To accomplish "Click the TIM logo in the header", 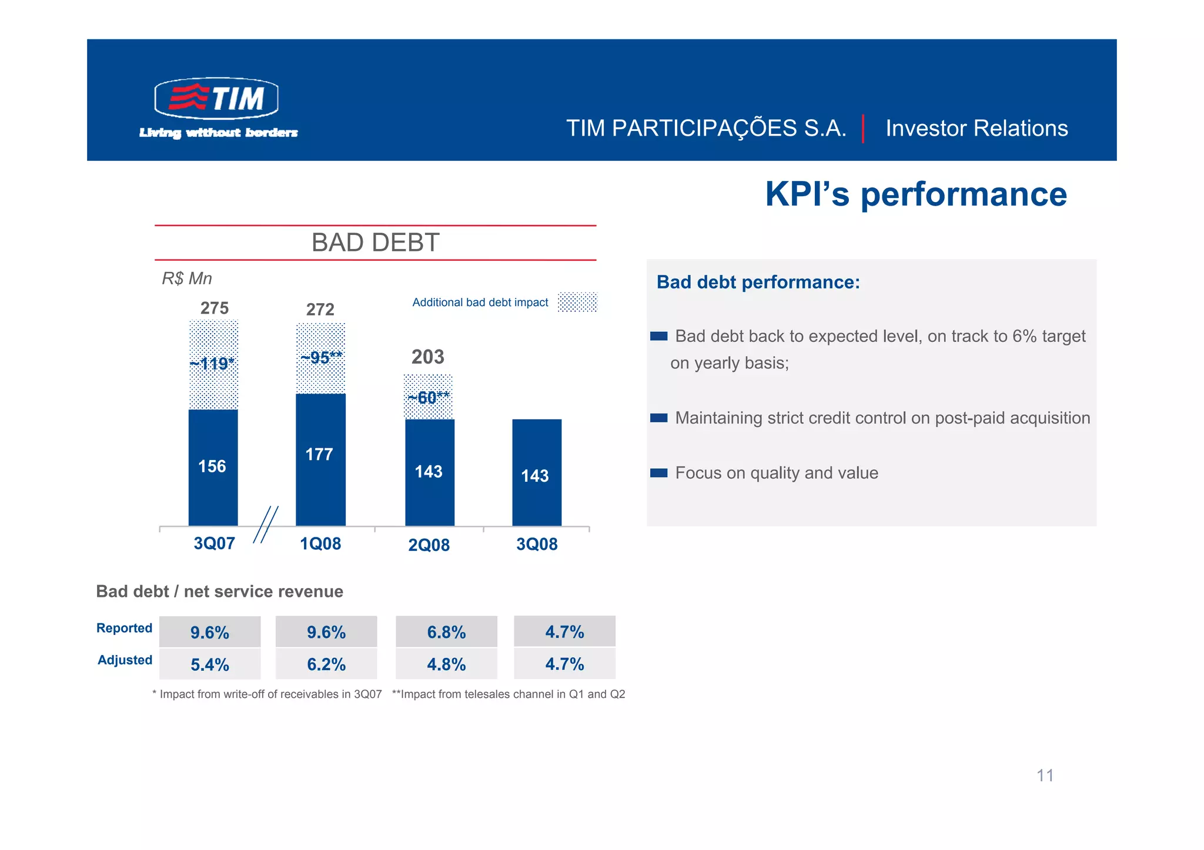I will [216, 98].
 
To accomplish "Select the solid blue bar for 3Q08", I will [537, 472].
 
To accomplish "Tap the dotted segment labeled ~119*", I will [213, 364].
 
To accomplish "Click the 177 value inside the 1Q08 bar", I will [319, 454].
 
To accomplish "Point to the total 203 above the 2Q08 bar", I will [427, 357].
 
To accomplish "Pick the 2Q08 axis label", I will [429, 545].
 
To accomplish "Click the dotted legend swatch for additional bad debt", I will [577, 302].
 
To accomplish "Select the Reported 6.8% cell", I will [446, 632].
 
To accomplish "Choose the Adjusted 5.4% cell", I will [210, 664].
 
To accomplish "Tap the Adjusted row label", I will [125, 660].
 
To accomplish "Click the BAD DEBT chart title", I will [375, 243].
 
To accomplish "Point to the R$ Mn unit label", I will [186, 278].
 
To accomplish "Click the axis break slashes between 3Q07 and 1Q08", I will [266, 525].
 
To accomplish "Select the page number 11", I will [1045, 775].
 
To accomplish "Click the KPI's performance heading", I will [915, 194].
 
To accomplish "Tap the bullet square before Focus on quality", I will [658, 473].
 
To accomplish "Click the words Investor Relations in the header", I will [976, 128].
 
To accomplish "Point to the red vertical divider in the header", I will [862, 129].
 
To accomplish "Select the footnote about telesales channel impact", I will [508, 694].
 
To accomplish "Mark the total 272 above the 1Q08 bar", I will [320, 309].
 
